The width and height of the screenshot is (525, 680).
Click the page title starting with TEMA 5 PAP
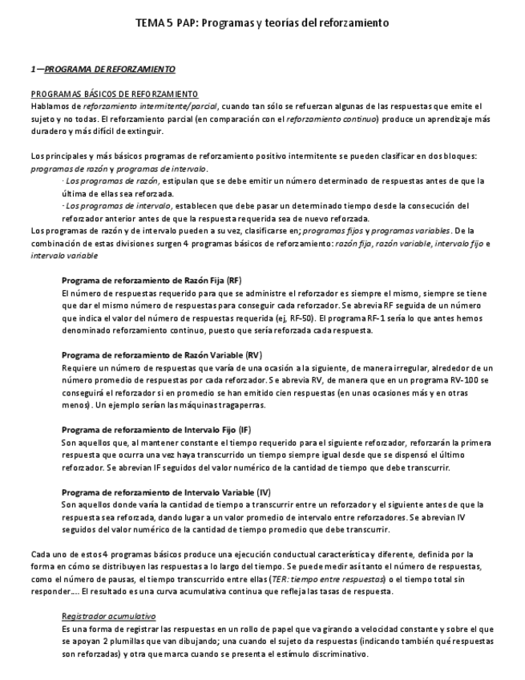262,23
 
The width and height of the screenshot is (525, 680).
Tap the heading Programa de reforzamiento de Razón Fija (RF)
151,281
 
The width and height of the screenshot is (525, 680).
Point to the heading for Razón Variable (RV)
161,354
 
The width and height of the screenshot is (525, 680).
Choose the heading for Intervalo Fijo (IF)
156,429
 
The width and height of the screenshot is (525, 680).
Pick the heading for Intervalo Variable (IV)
166,491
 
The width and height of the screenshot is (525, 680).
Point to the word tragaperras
242,404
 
